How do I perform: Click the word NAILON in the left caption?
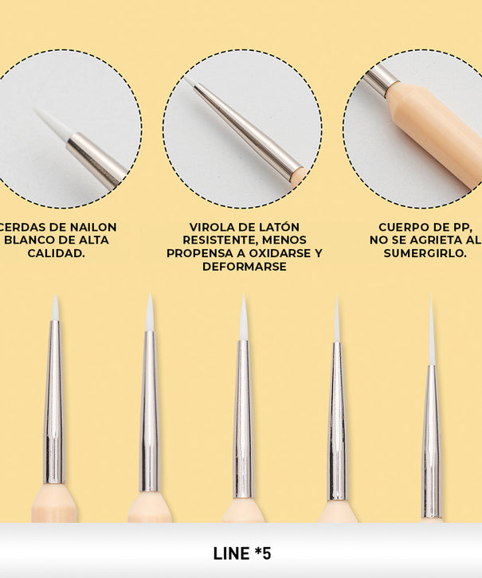point(93,227)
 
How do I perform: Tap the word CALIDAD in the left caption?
point(55,253)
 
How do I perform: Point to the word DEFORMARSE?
point(245,267)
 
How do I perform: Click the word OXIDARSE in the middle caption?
point(280,253)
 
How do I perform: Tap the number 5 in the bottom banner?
point(267,553)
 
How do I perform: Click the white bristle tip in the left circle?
point(54,123)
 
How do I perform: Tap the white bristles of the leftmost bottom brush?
point(55,308)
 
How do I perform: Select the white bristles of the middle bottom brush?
point(244,318)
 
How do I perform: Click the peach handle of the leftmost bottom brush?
point(54,503)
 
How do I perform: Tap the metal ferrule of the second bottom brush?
point(149,411)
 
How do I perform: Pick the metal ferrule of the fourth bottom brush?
point(337,421)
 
